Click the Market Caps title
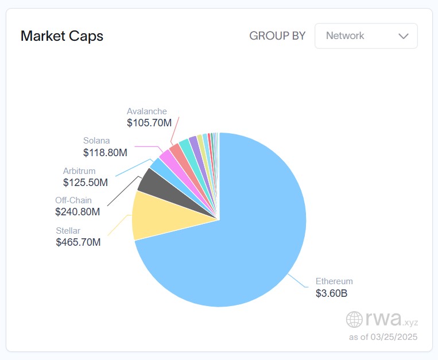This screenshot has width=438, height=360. point(62,36)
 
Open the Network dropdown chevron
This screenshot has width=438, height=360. point(403,36)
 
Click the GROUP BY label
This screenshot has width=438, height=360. point(277,36)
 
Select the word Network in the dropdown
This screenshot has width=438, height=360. point(345,36)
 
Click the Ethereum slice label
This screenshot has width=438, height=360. point(334,281)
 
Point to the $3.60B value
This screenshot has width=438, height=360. point(331,294)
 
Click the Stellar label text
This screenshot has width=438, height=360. point(68,230)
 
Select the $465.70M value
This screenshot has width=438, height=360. point(78,242)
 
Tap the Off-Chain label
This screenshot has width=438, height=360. point(73,200)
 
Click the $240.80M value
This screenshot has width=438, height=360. point(77,212)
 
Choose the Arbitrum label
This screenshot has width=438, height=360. point(79,171)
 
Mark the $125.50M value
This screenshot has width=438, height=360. point(86,183)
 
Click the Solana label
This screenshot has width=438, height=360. point(96,141)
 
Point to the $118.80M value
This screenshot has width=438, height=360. point(105,152)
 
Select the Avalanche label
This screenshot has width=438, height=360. point(147,111)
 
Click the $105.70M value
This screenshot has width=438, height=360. point(149,123)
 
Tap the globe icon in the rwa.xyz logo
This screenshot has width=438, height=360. point(354,319)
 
